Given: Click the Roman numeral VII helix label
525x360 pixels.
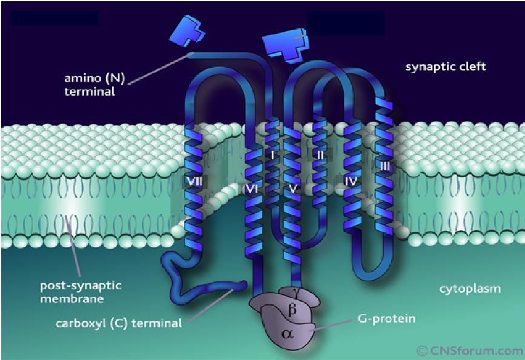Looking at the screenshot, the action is (x=194, y=182).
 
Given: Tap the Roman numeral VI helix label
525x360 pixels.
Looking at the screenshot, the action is (x=251, y=189).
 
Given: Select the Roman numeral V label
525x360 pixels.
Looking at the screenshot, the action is (x=292, y=189).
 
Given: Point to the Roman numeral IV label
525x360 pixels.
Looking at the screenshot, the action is (x=351, y=182).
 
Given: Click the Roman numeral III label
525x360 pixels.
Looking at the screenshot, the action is (x=385, y=166).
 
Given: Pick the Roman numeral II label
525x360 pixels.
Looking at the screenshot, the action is (x=320, y=155).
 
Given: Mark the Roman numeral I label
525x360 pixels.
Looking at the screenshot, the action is (x=272, y=155).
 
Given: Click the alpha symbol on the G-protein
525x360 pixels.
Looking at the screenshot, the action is (x=287, y=333).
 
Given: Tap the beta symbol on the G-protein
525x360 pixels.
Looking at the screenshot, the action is (x=292, y=310).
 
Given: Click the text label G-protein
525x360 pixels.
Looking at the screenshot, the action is (x=386, y=318).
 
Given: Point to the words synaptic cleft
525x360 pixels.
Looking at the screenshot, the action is (x=445, y=67).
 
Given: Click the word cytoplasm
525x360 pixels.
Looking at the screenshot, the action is (x=470, y=289).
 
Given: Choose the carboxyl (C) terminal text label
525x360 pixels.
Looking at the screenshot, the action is (x=119, y=324).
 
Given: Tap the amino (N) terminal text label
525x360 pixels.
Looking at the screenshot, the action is (x=94, y=85).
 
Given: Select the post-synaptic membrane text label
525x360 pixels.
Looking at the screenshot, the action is (x=81, y=292).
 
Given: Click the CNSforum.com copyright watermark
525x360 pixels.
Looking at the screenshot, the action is (x=469, y=351).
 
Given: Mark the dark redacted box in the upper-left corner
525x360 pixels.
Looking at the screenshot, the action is (x=55, y=18).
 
